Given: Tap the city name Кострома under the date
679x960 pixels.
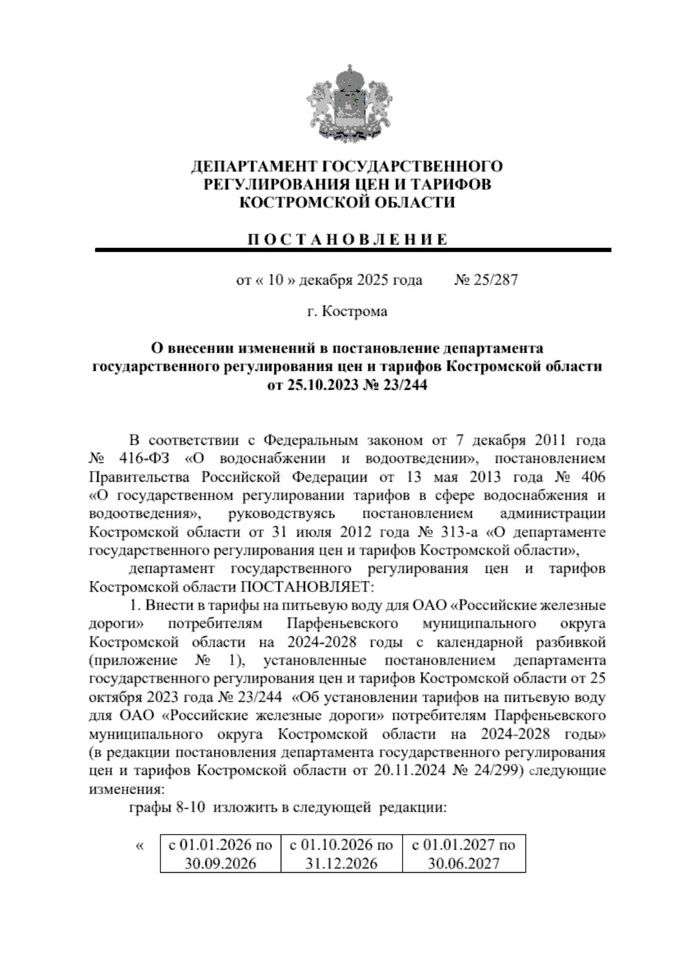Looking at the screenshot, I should point(355,311).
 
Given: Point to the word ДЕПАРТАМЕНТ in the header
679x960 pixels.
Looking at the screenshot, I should point(254,166).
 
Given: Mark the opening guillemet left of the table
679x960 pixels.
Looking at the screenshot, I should point(140,846).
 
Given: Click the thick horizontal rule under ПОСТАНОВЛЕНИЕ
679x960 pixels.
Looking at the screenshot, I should point(353,250).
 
